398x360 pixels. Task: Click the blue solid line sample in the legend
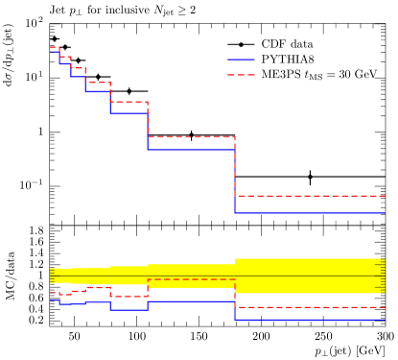coord(241,60)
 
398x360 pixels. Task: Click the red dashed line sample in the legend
coord(241,75)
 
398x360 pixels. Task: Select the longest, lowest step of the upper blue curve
coord(309,213)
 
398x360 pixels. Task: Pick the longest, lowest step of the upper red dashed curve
coord(309,196)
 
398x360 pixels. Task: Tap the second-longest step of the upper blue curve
coord(191,150)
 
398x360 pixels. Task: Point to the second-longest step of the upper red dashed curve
coord(191,137)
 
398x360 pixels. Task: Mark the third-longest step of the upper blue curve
coord(129,113)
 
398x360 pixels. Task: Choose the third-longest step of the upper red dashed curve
coord(129,102)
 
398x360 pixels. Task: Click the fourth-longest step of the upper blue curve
coord(97,91)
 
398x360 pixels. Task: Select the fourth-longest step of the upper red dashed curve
coord(97,83)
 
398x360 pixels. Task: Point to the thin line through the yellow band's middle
coord(192,276)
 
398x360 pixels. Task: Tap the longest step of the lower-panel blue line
coord(309,319)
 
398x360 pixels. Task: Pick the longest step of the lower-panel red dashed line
coord(309,307)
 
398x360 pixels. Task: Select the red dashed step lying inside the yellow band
coord(191,279)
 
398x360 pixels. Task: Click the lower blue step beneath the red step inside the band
coord(191,301)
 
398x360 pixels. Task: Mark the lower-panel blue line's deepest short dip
coord(129,309)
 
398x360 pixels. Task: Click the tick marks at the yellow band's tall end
coord(382,276)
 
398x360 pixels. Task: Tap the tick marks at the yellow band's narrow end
coord(52,276)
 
